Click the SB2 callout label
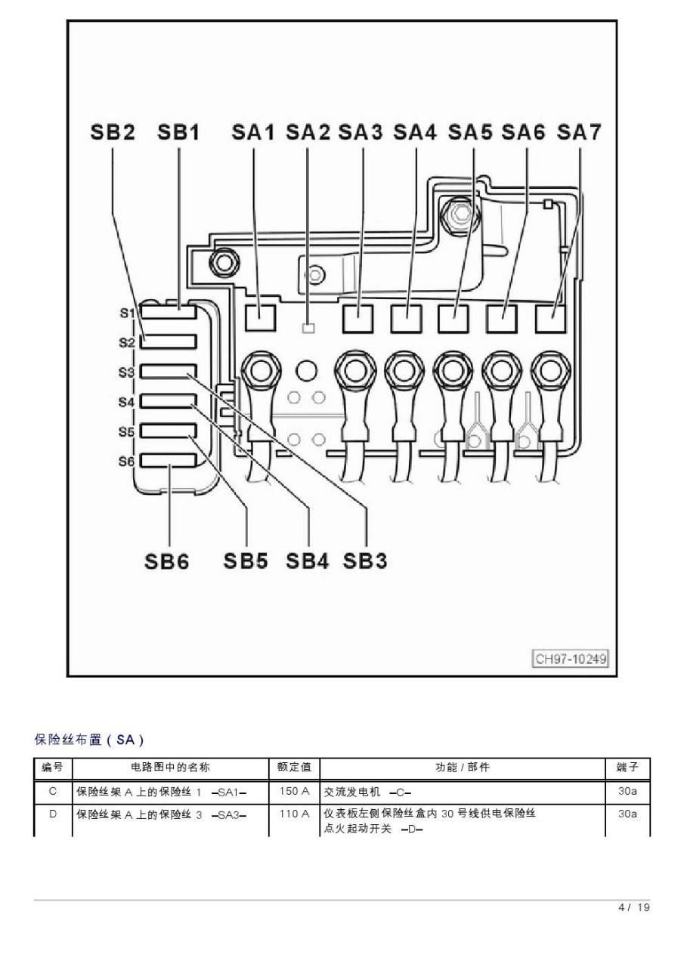[113, 132]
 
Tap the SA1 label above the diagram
[253, 132]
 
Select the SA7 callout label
[579, 132]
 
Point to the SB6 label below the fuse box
[167, 561]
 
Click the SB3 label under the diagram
[365, 561]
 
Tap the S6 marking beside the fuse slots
[127, 462]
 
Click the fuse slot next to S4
[169, 401]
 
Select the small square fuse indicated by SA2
[308, 329]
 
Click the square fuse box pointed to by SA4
[407, 319]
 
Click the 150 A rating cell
[294, 791]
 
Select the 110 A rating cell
[294, 814]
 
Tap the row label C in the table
[53, 791]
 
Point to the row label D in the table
[53, 814]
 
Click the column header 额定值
[294, 767]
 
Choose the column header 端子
[627, 767]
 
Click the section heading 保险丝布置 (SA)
[89, 740]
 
